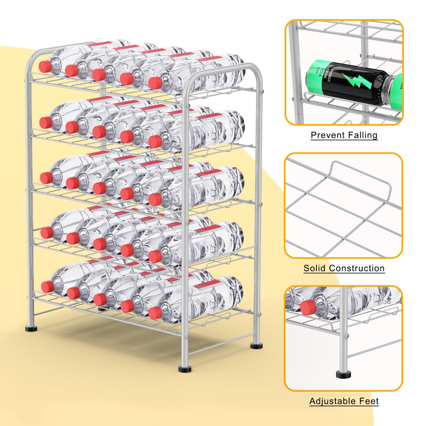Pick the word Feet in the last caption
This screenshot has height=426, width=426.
369,401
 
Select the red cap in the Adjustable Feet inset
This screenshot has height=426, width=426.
307,307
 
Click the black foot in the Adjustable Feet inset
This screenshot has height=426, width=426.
343,374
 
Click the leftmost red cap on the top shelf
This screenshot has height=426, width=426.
44,67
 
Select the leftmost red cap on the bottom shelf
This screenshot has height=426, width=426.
47,286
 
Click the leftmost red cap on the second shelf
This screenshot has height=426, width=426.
46,122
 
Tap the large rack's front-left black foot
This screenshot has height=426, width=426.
31,329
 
